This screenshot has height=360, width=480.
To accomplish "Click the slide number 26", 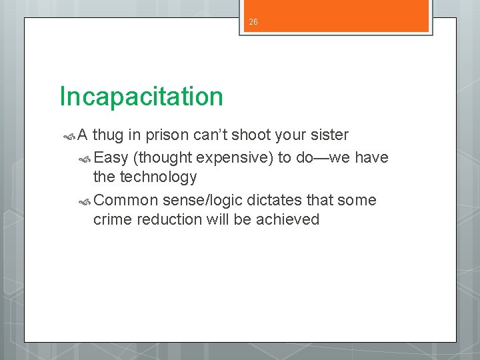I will pos(253,22).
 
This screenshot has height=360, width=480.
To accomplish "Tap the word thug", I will pos(109,135).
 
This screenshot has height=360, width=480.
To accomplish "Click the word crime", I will pos(113,220).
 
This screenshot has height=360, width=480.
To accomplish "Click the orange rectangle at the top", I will pos(335,16).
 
